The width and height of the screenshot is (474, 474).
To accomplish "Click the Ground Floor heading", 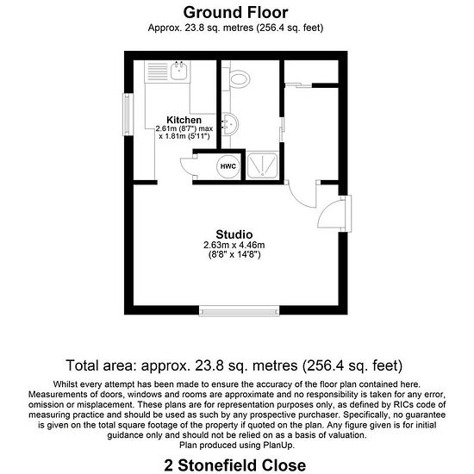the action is pos(235,13).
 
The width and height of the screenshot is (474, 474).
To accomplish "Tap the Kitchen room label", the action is pos(184,120).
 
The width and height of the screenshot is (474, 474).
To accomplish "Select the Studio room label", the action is pos(234,234).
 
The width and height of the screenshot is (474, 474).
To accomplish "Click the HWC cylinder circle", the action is pos(228,166).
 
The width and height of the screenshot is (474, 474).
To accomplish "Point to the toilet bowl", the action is pos(240,78).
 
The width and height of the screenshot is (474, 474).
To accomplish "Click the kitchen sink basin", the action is pos(178,71).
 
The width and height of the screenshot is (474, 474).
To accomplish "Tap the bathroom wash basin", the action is pos(231,124).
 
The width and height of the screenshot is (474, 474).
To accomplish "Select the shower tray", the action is pos(262,165).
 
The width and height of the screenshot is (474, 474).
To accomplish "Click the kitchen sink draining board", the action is pos(158,72).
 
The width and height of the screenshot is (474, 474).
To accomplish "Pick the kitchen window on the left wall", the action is pos(128,115).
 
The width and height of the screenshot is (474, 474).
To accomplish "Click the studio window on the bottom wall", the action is pos(239,311).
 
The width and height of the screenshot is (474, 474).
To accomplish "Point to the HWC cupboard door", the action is pos(187,166).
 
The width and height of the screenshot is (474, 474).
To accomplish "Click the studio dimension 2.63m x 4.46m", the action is pos(234,245).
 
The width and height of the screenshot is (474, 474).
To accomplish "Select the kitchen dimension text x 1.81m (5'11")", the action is pos(184,136).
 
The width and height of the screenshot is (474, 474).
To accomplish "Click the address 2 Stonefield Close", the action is pos(235,465).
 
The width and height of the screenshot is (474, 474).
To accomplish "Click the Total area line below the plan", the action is pos(234,365).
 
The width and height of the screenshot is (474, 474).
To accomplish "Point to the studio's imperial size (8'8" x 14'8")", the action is pos(234,255).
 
